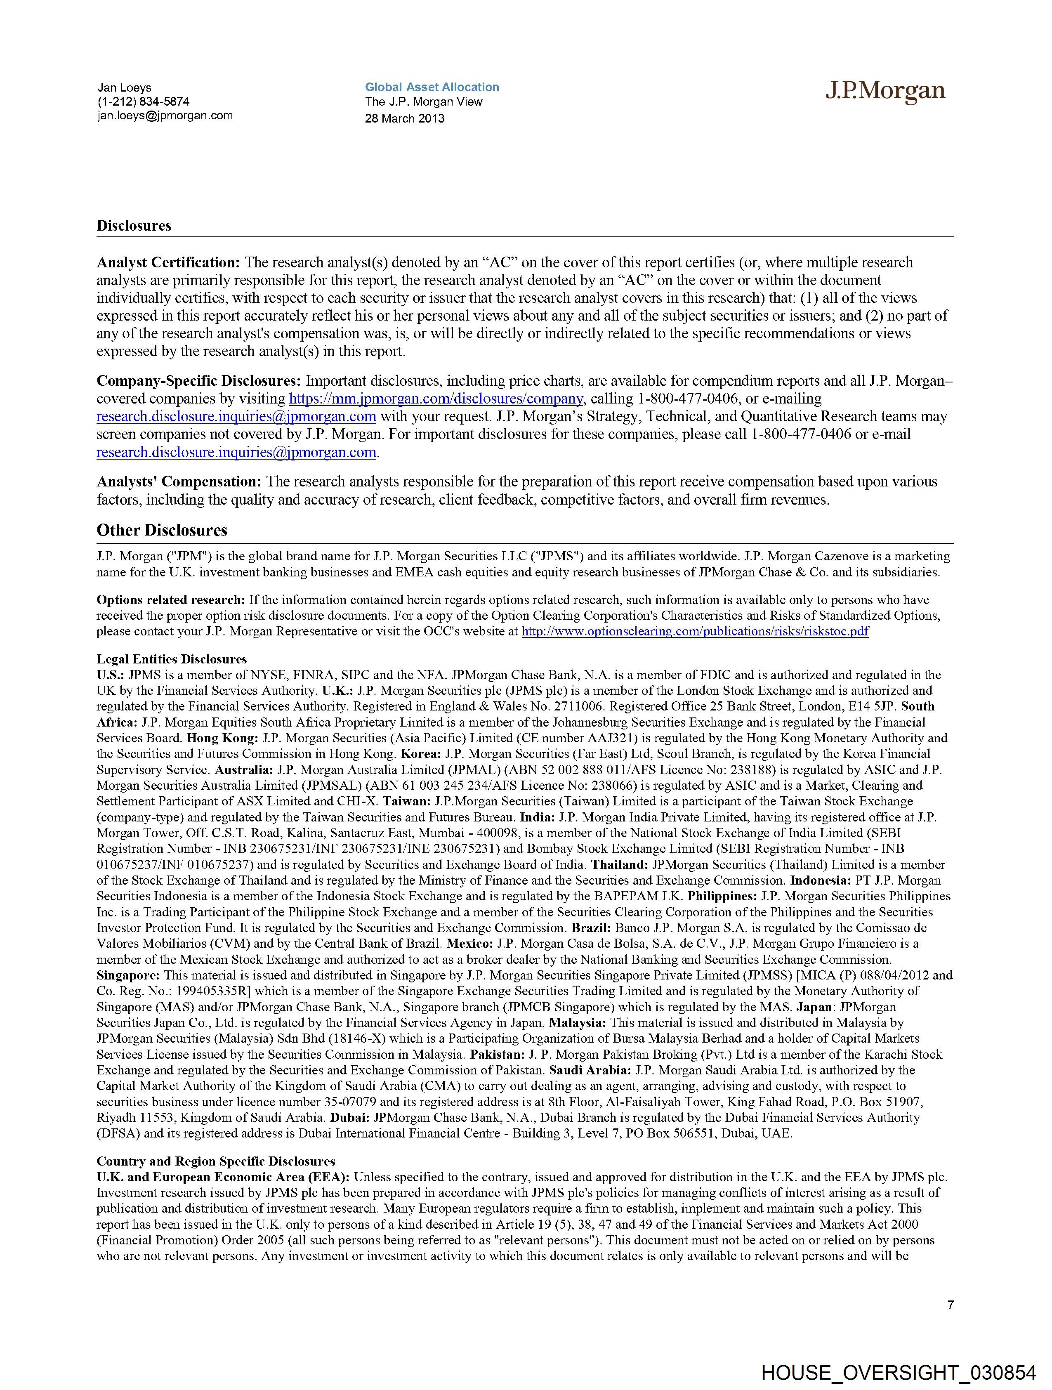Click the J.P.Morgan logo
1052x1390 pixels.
coord(885,91)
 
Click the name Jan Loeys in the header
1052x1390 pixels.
coord(125,88)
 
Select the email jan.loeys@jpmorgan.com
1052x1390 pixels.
coord(165,116)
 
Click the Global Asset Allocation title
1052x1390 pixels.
coord(432,87)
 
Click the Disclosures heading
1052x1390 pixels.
coord(134,226)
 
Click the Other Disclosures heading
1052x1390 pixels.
coord(161,530)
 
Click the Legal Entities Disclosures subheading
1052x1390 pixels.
coord(172,659)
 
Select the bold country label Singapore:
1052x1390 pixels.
coord(128,976)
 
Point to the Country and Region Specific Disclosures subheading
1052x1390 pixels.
coord(215,1161)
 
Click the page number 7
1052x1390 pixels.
coord(950,1305)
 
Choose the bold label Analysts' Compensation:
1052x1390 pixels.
coord(179,482)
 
